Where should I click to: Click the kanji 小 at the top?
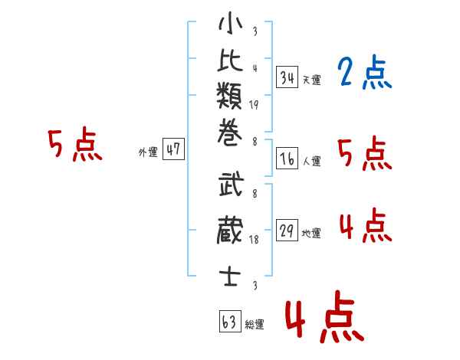231,23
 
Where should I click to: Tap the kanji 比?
230,60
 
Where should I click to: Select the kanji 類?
229,95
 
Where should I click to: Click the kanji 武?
232,184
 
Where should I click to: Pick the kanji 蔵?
230,230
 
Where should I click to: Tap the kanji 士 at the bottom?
230,277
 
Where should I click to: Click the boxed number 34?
287,77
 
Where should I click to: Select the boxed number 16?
287,159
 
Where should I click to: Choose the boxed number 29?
287,230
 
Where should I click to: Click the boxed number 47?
173,149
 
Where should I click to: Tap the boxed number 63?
230,321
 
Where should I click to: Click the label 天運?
312,80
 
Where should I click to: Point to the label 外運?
148,152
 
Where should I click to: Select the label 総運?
255,324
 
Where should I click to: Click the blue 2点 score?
364,72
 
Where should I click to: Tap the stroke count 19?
254,105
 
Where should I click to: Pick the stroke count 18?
254,240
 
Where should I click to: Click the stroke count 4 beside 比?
255,68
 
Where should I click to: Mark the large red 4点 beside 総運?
325,316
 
